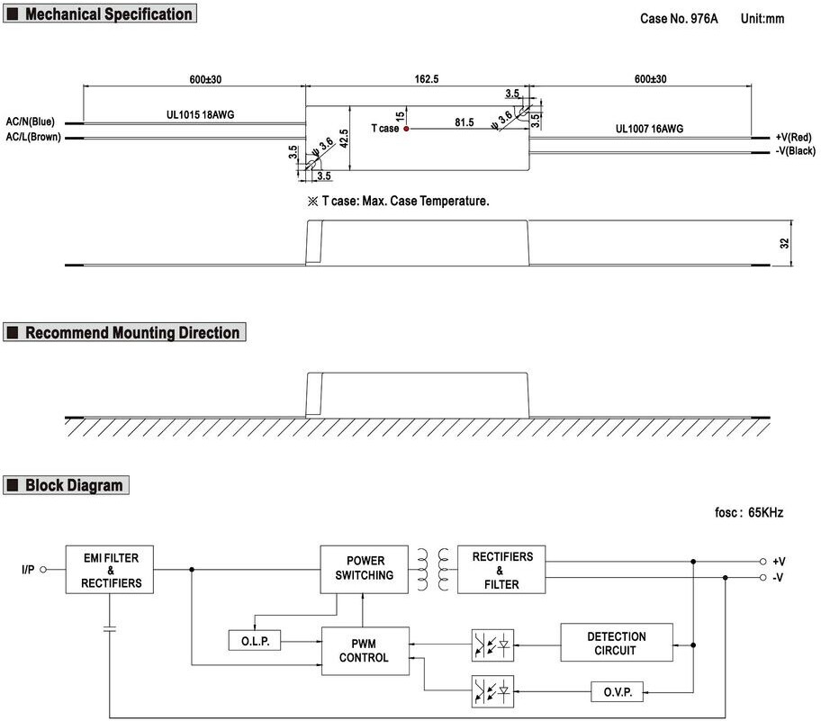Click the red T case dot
coord(406,129)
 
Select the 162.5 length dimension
coord(427,79)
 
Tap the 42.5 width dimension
coord(344,139)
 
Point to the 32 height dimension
coord(784,243)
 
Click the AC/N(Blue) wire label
coord(31,122)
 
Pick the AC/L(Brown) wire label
coord(33,137)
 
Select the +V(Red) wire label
coord(793,137)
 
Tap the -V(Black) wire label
coord(796,151)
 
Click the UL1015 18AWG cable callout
coord(200,114)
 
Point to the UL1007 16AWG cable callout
coord(649,129)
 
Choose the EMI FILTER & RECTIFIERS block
coord(110,570)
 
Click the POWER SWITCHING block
coord(365,570)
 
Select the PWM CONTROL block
coord(365,651)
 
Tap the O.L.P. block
coord(255,640)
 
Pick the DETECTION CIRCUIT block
coord(617,643)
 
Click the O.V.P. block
coord(618,692)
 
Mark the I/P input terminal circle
coord(43,570)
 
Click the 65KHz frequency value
coord(765,512)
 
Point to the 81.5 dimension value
coord(464,122)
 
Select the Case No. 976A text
coord(679,19)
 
